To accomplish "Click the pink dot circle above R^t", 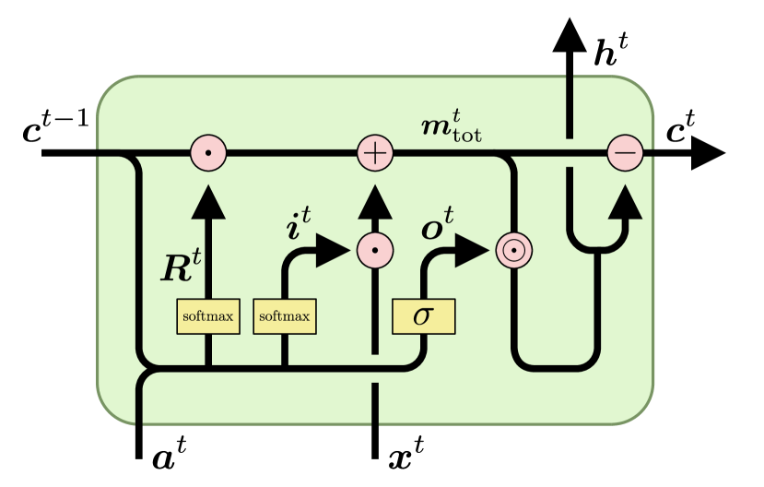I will tap(208, 152).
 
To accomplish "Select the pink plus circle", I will tap(375, 152).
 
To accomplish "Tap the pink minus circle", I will tap(625, 152).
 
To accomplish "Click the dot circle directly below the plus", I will tap(375, 249).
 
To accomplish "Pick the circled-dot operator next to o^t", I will tap(514, 249).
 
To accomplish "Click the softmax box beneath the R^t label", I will tap(207, 316).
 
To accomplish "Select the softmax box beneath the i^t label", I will tap(284, 316).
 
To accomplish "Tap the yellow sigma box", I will tap(423, 316).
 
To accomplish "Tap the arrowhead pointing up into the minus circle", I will tap(625, 200).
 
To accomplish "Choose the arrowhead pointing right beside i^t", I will tap(333, 249).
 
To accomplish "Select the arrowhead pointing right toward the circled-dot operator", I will tap(471, 249).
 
